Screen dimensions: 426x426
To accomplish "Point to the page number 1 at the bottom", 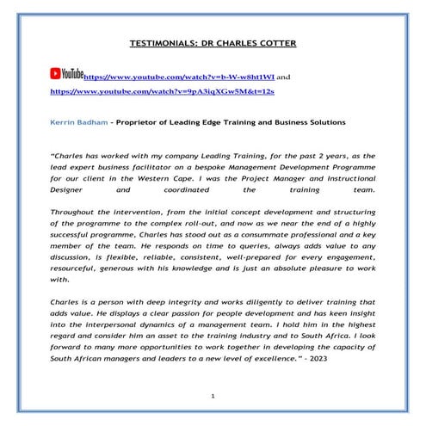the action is (x=212, y=395).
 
